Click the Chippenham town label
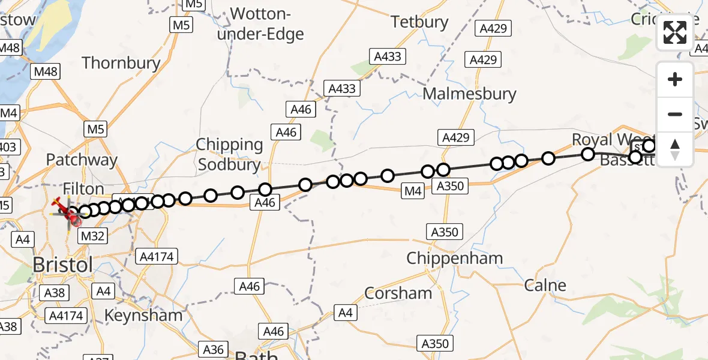[454, 259]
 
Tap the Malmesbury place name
[469, 94]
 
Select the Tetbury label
[419, 22]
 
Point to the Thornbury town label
[121, 63]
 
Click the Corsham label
[398, 293]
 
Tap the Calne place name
[545, 285]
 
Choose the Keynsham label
[143, 315]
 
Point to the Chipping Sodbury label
[230, 155]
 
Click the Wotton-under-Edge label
[260, 24]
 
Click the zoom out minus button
[675, 114]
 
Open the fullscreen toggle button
[675, 32]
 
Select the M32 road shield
[92, 236]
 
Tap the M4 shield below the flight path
[413, 191]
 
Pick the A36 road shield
[213, 350]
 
